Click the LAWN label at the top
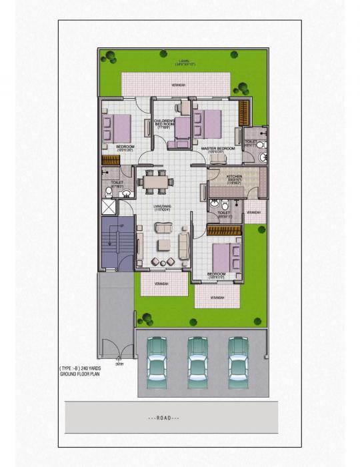point(185,61)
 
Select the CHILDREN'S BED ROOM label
point(165,122)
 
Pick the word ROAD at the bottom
point(163,418)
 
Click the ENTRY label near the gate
point(120,365)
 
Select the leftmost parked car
point(157,358)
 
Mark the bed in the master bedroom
point(210,123)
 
